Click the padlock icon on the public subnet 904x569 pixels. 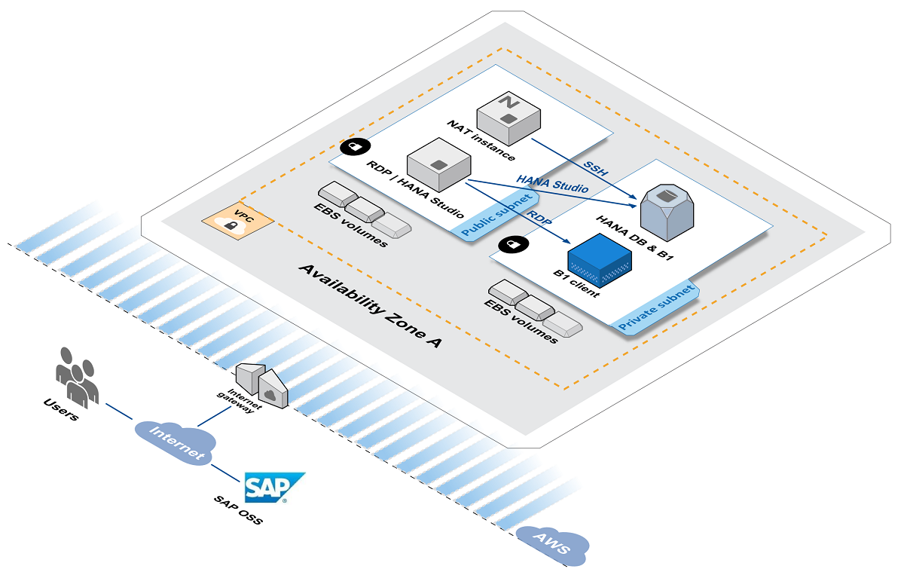coord(354,146)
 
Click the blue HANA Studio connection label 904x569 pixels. coord(552,183)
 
